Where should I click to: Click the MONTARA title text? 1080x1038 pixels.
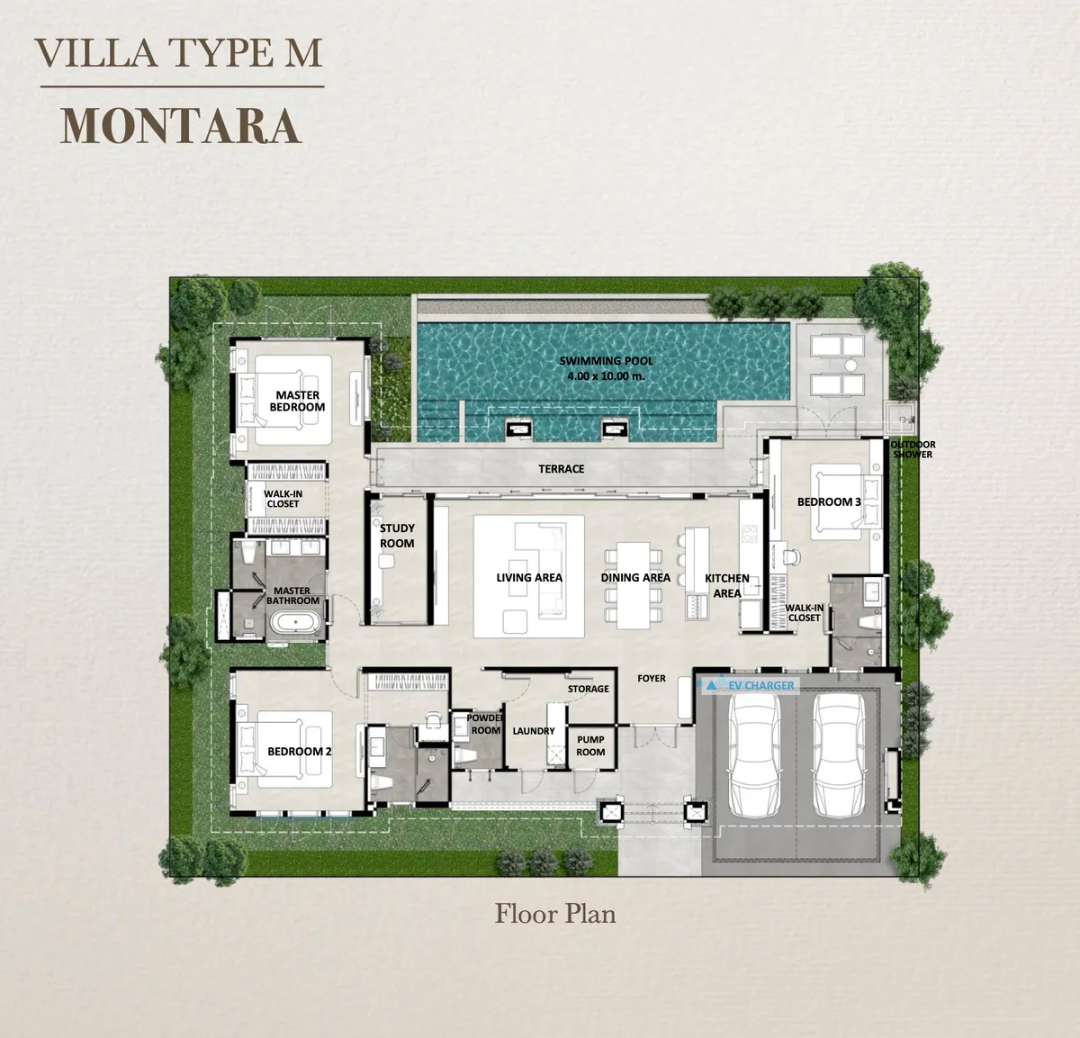pyautogui.click(x=180, y=126)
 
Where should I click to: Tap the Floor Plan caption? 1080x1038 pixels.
pyautogui.click(x=555, y=914)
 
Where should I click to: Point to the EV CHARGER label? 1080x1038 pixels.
pyautogui.click(x=761, y=685)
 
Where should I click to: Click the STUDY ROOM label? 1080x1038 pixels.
pyautogui.click(x=397, y=536)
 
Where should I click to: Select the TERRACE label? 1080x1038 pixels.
pyautogui.click(x=562, y=469)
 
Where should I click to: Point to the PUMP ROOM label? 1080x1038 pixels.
pyautogui.click(x=590, y=745)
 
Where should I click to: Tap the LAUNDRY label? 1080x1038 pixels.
pyautogui.click(x=534, y=731)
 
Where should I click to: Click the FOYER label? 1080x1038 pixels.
pyautogui.click(x=652, y=678)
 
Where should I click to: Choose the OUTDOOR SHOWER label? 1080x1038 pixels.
pyautogui.click(x=913, y=449)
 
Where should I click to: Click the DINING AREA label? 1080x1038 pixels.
pyautogui.click(x=635, y=578)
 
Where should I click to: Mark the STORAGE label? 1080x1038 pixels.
pyautogui.click(x=588, y=689)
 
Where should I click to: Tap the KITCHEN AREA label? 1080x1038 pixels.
pyautogui.click(x=727, y=585)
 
